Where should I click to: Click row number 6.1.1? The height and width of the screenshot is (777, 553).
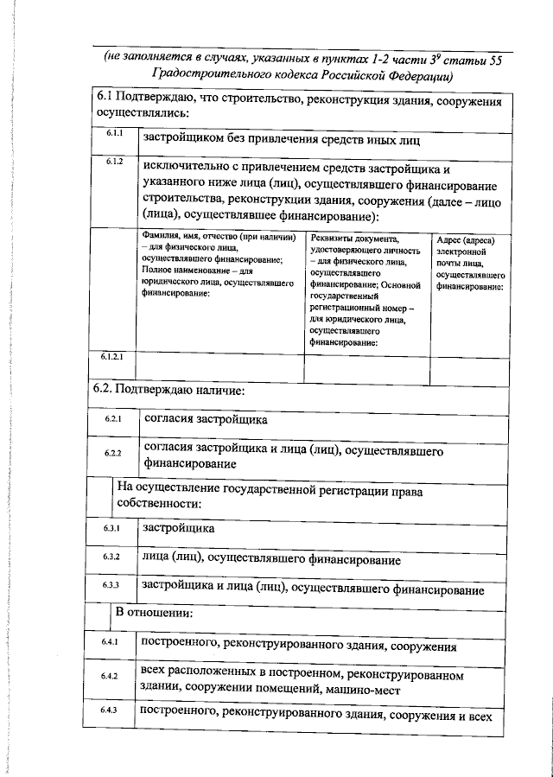116,135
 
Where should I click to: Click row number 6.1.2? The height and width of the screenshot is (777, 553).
116,162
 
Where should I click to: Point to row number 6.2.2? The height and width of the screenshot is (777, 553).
113,453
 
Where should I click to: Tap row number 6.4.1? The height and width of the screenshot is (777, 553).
112,643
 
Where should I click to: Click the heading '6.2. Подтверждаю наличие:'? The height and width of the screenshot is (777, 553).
169,390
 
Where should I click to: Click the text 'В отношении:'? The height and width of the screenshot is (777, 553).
154,614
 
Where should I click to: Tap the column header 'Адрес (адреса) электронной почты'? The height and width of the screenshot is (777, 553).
470,261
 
